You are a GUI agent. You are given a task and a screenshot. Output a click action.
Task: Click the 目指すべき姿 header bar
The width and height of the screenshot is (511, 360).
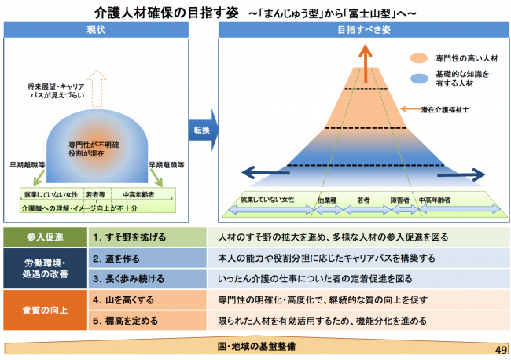click(x=363, y=30)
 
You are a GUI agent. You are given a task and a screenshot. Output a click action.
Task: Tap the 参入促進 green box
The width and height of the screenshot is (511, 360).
click(x=42, y=237)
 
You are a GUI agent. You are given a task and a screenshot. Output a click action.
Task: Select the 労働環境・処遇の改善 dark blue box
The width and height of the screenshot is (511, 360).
click(x=42, y=268)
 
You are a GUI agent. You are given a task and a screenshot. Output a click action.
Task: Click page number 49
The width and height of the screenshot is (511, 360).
click(x=501, y=348)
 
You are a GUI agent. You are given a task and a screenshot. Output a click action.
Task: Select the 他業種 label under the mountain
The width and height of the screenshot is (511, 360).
click(x=327, y=200)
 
